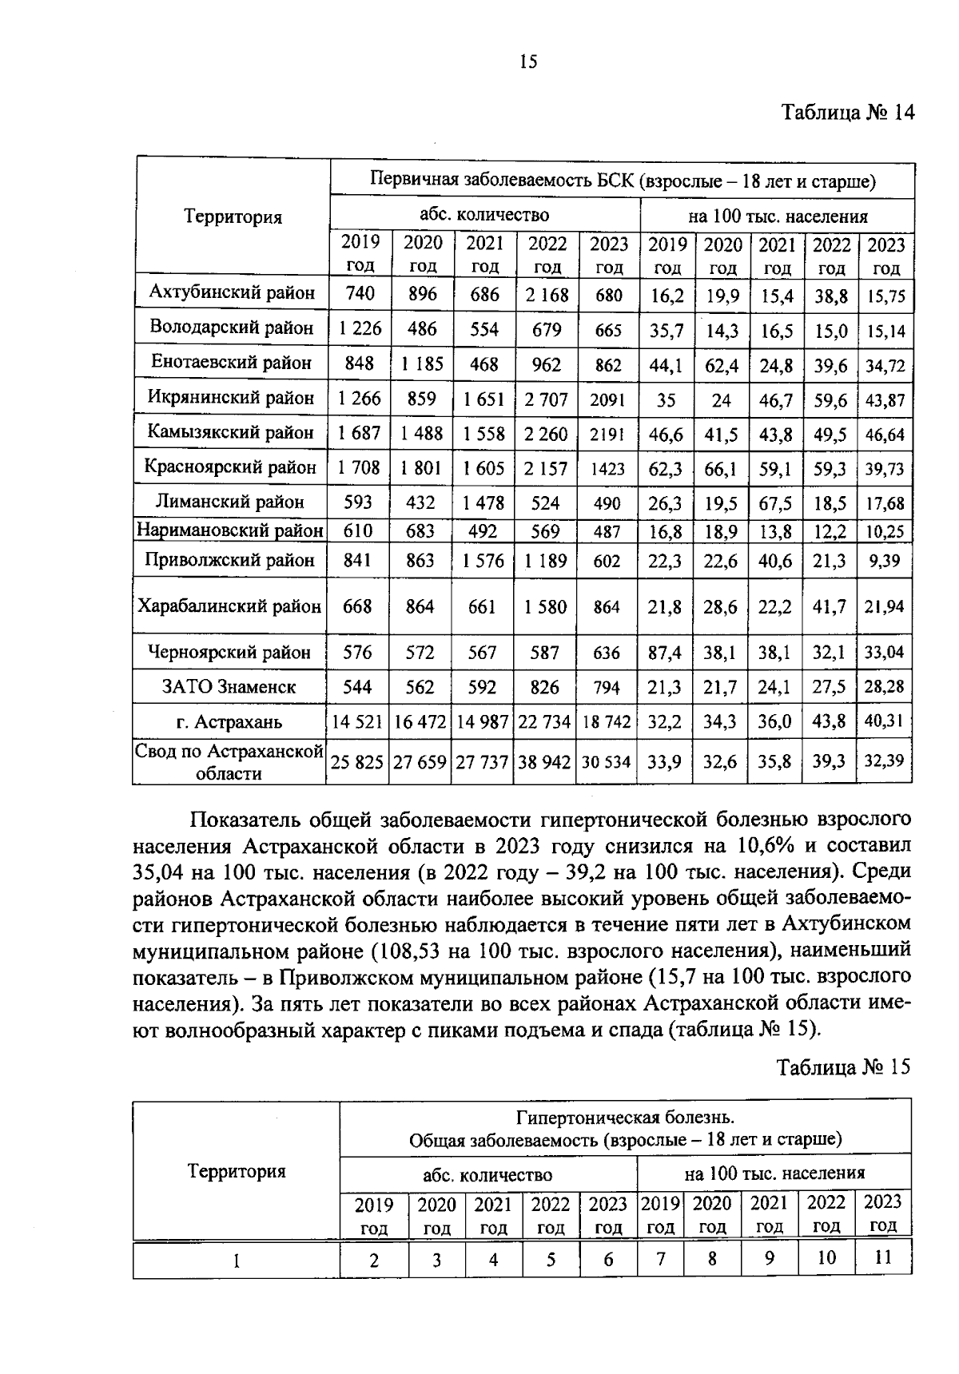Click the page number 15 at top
pos(528,62)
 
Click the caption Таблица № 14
pos(846,112)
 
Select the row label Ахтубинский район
pos(232,293)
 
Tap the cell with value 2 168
pos(547,295)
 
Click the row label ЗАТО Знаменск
pos(229,687)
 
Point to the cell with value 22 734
pos(544,722)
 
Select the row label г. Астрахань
pos(229,723)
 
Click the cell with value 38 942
pos(544,762)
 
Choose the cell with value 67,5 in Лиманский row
pos(775,503)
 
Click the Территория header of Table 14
pos(233,216)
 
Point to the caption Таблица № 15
pos(843,1068)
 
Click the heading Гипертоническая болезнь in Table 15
pos(625,1117)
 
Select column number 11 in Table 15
pos(882,1257)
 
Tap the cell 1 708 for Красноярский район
pos(359,468)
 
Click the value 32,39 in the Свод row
pos(884,761)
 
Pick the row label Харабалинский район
pos(229,606)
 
